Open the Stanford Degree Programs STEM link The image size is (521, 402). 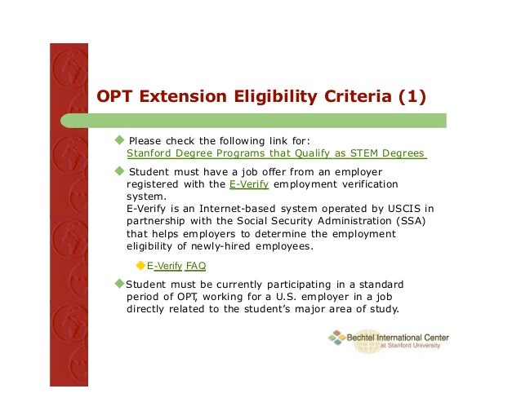[276, 152]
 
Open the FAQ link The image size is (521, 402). [196, 266]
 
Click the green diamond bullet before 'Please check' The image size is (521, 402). [120, 139]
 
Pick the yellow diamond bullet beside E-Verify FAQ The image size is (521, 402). [140, 265]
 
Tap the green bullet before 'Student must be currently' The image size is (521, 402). [118, 284]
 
